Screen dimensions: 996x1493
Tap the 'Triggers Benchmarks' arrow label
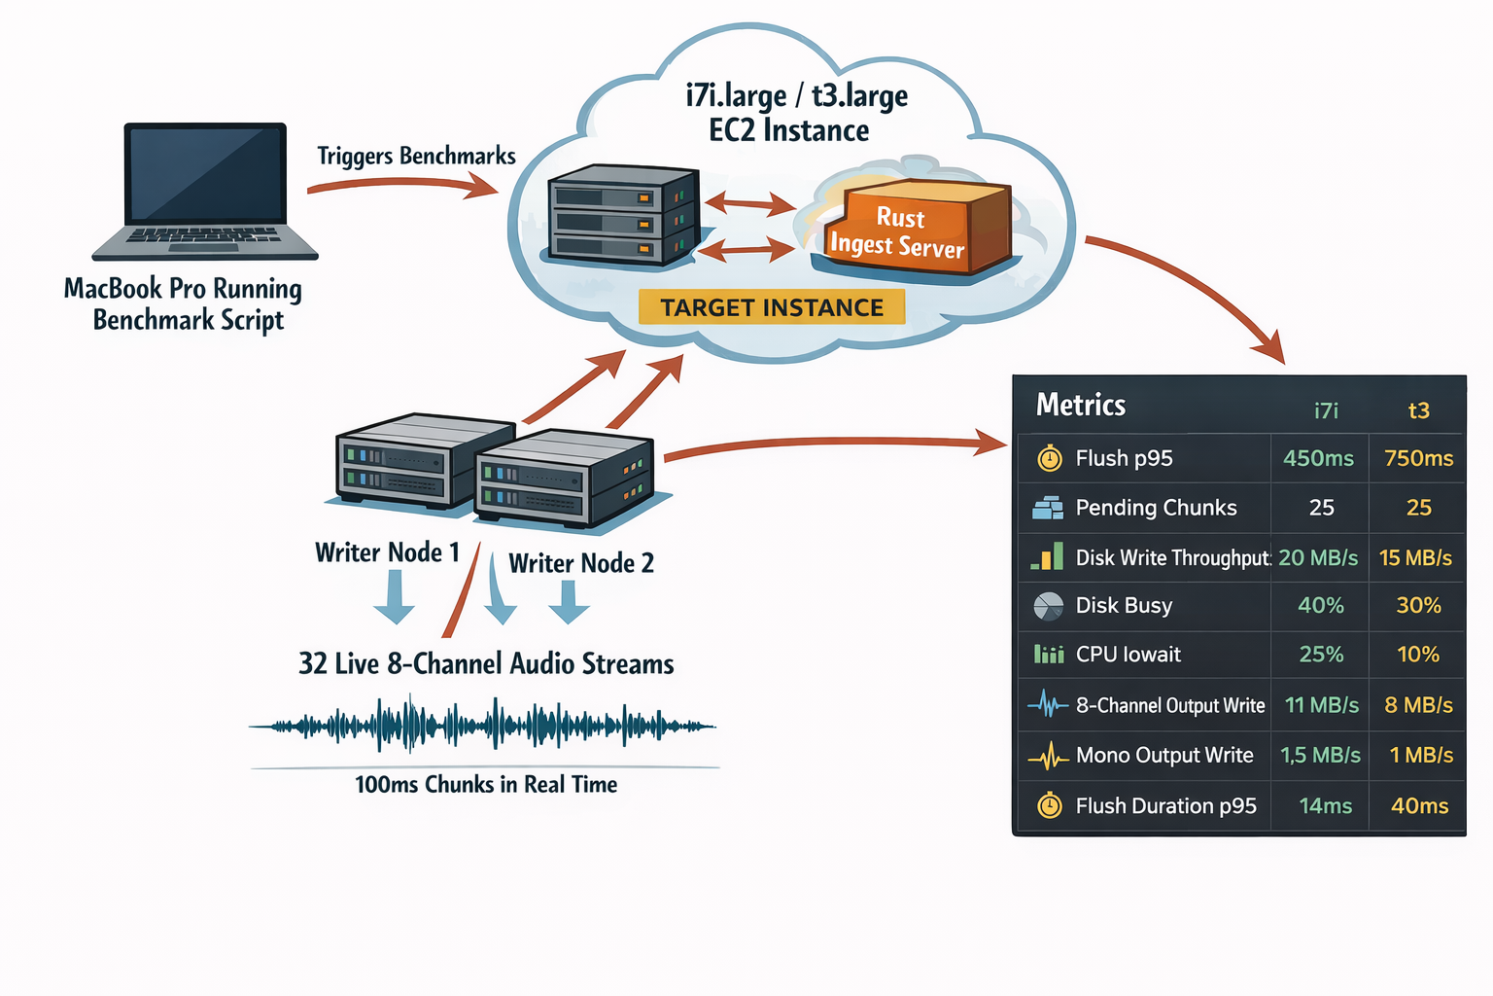point(416,157)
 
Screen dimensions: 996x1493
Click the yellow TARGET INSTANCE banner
point(772,307)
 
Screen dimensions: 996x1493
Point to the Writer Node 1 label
point(387,552)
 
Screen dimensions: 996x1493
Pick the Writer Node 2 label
point(581,563)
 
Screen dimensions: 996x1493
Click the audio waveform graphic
point(483,725)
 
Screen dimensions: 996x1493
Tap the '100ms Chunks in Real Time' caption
point(486,784)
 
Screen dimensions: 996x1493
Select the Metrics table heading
point(1081,405)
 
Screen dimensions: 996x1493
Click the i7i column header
point(1326,410)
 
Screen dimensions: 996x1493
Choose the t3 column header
point(1418,410)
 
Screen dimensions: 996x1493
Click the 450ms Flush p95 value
point(1318,458)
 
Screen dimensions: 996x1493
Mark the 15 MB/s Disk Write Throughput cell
point(1415,558)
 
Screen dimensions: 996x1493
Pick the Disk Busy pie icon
point(1048,606)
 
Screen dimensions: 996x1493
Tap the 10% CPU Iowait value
point(1418,655)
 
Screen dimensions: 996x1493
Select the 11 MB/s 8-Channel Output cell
point(1321,705)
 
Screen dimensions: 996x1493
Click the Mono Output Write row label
point(1164,756)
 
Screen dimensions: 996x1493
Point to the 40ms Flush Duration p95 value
point(1419,806)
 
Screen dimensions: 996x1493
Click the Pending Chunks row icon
point(1048,508)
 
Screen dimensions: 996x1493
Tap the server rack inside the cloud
point(622,214)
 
